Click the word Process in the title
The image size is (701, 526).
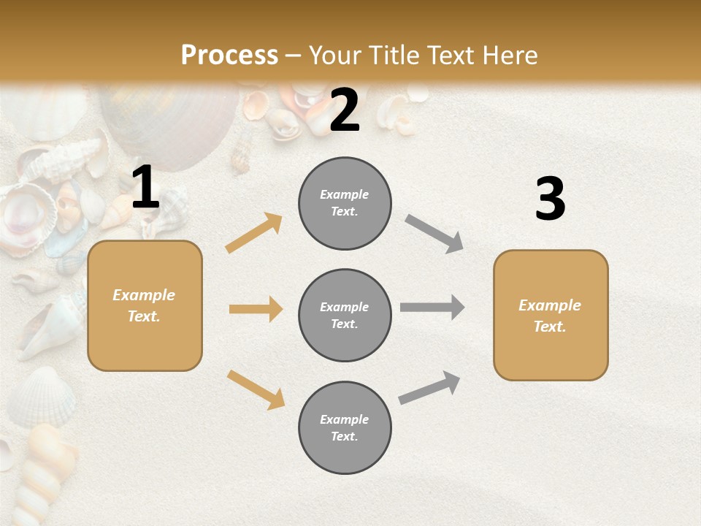(x=229, y=56)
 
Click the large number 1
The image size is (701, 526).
(x=145, y=188)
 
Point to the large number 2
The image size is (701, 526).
(x=345, y=110)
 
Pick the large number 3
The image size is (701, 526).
(x=550, y=199)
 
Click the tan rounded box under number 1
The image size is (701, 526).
(x=145, y=305)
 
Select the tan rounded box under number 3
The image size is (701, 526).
(x=551, y=316)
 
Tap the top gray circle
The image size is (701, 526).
(x=345, y=203)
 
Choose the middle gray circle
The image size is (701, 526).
(x=345, y=316)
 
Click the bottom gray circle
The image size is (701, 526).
(x=345, y=428)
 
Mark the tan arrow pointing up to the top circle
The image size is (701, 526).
(x=254, y=233)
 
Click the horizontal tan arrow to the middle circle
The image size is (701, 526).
(x=256, y=309)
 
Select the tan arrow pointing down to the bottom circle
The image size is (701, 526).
(x=256, y=389)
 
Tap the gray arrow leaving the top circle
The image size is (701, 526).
(x=434, y=233)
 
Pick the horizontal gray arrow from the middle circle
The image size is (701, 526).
(x=432, y=307)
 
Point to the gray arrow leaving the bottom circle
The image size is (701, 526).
(x=429, y=388)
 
